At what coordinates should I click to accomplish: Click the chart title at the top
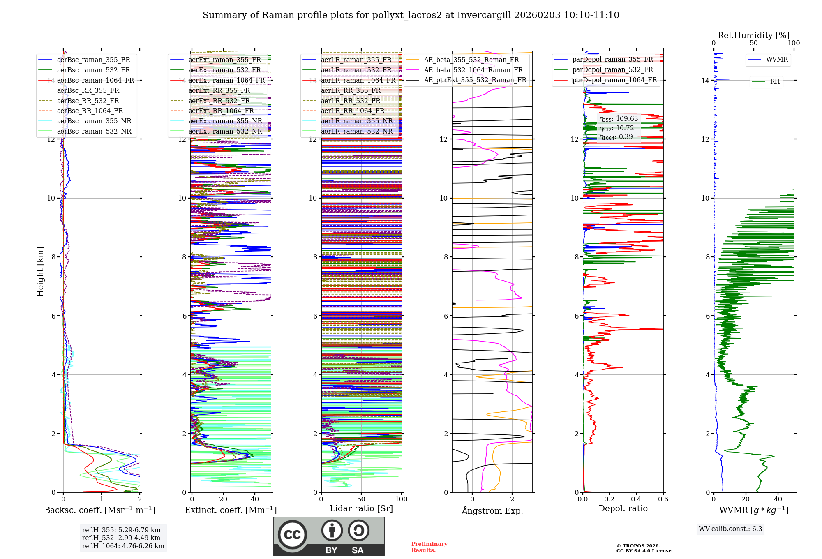411,15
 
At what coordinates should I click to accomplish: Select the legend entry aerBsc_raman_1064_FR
95,80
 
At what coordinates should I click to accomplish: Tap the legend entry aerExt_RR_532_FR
219,101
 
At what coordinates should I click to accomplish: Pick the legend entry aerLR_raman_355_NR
356,121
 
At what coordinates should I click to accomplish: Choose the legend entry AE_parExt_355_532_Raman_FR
475,80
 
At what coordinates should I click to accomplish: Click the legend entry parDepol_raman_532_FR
612,70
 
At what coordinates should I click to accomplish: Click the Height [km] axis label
40,272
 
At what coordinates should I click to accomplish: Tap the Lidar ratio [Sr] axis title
361,509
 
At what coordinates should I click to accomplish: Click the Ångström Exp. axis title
492,511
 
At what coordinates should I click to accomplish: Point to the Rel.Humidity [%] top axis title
753,35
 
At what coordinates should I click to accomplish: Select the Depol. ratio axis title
623,509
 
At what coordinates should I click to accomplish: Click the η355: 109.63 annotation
618,119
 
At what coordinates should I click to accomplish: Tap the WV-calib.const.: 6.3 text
730,529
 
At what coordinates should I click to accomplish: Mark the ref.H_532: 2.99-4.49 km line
121,538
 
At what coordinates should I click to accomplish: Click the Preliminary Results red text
429,547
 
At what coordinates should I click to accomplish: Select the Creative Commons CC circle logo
292,535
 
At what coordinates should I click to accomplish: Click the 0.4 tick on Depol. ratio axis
636,499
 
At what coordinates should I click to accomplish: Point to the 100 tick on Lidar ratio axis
401,499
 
